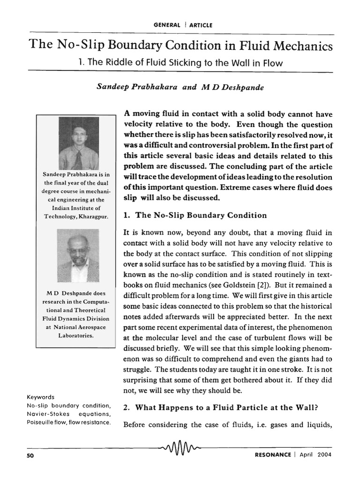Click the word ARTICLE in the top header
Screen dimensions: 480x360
pyautogui.click(x=200, y=25)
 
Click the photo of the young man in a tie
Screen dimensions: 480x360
pyautogui.click(x=78, y=143)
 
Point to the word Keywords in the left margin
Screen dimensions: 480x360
pyautogui.click(x=41, y=397)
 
